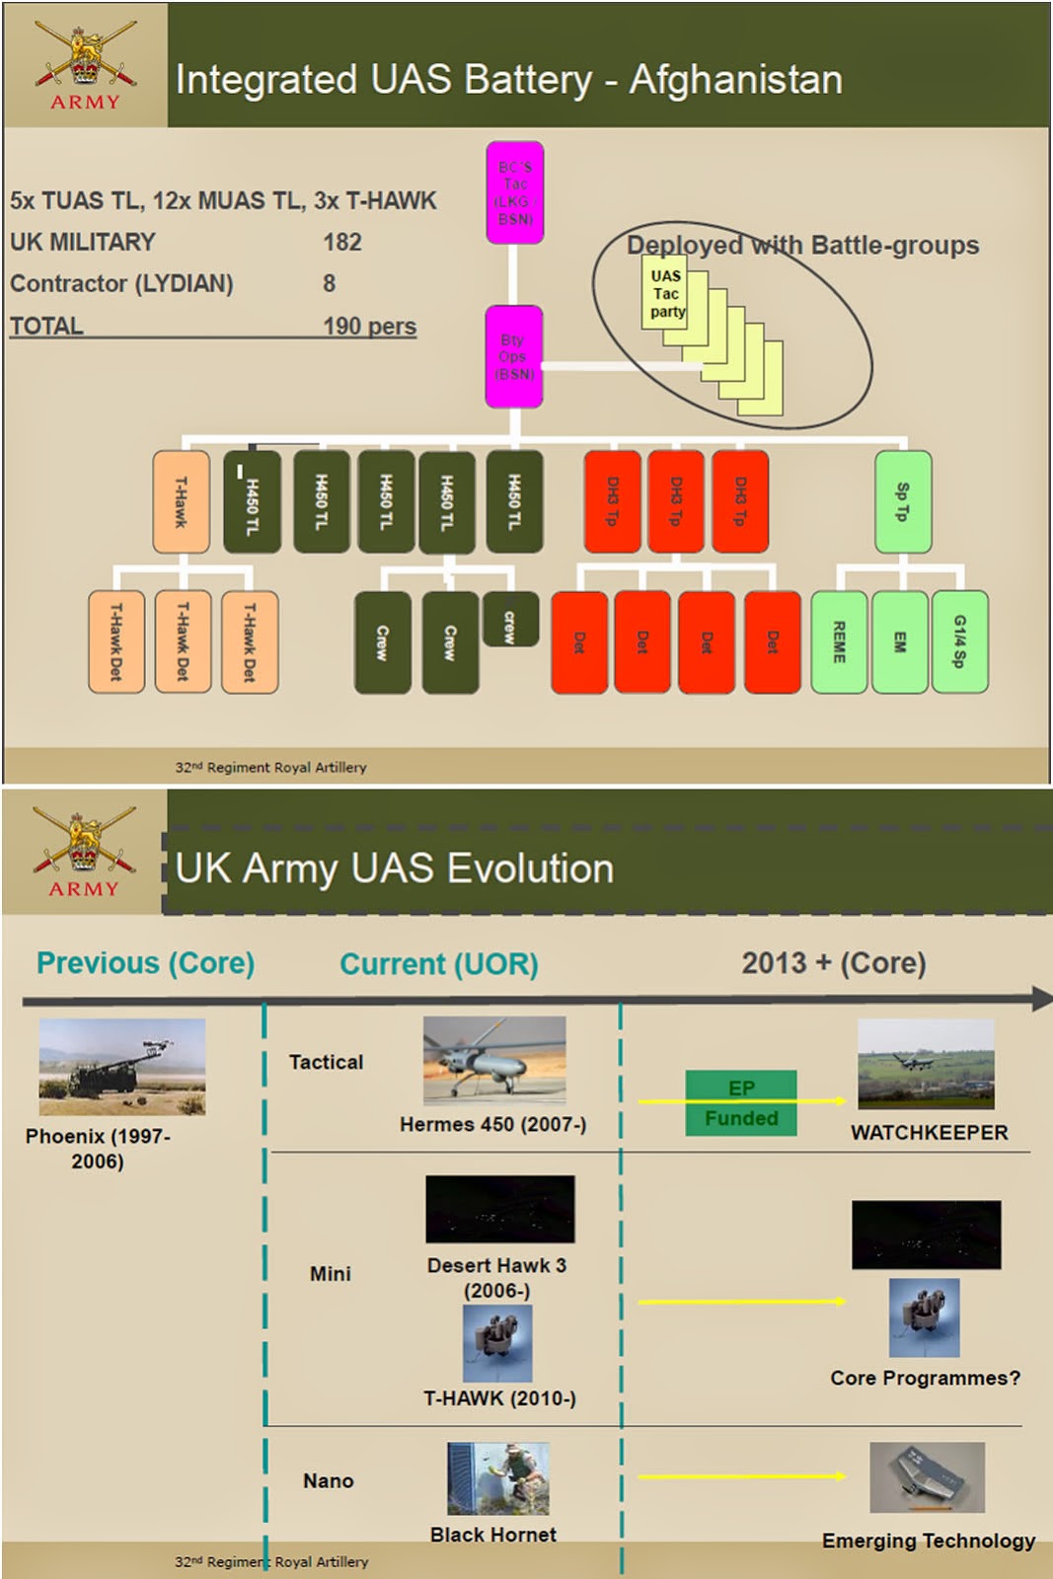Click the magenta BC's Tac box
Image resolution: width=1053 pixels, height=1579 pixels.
click(x=514, y=192)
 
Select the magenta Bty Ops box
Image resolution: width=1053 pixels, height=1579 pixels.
click(x=513, y=356)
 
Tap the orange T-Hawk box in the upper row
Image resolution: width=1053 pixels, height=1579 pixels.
click(x=181, y=500)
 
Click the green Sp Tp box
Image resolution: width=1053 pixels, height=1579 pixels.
click(x=902, y=501)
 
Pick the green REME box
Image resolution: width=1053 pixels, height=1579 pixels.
click(x=839, y=641)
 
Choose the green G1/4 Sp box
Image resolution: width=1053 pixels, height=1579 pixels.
click(x=959, y=641)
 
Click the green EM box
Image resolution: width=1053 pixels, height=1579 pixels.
click(x=899, y=641)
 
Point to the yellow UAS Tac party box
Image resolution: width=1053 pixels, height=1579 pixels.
click(x=666, y=293)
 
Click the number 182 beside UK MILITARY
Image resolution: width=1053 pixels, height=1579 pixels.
click(x=342, y=242)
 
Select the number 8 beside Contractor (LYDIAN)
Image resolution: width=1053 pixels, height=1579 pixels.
click(x=329, y=283)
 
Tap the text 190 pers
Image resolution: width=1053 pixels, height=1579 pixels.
click(x=369, y=326)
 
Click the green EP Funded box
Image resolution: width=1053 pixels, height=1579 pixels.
click(x=740, y=1102)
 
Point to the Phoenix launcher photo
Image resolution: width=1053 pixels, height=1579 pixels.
click(x=122, y=1066)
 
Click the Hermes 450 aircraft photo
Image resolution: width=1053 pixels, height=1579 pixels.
click(x=494, y=1060)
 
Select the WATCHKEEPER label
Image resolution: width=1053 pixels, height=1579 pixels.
click(x=929, y=1132)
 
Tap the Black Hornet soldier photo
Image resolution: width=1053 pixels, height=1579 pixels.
click(x=497, y=1478)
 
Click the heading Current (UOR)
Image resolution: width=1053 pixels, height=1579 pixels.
click(x=439, y=963)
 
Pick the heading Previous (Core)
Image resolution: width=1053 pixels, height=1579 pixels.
click(x=145, y=962)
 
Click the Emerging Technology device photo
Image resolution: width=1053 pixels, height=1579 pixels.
click(x=927, y=1477)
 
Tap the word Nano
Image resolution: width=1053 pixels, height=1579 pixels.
click(x=328, y=1480)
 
